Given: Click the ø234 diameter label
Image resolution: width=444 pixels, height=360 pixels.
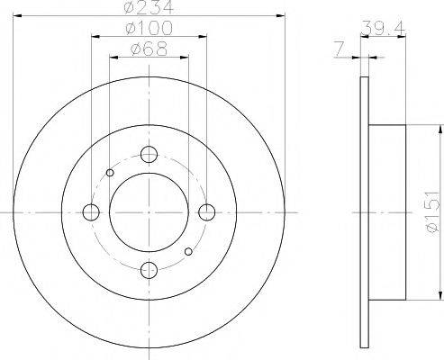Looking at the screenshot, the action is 149,6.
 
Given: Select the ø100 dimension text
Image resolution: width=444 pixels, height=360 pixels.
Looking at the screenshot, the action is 149,28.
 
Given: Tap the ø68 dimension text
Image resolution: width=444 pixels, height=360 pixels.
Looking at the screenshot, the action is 149,49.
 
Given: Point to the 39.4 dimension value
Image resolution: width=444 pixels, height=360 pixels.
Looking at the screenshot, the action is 383,28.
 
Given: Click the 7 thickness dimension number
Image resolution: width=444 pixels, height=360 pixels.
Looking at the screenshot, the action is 339,49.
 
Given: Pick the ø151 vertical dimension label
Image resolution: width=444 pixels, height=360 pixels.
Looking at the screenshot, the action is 432,212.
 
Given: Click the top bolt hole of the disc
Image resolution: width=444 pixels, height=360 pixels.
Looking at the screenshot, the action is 149,155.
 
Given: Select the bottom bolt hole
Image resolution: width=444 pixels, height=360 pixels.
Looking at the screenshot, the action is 149,270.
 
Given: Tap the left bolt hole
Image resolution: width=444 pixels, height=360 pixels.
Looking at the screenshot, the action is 91,212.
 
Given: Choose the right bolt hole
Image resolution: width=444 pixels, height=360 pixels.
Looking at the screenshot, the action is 207,212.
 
